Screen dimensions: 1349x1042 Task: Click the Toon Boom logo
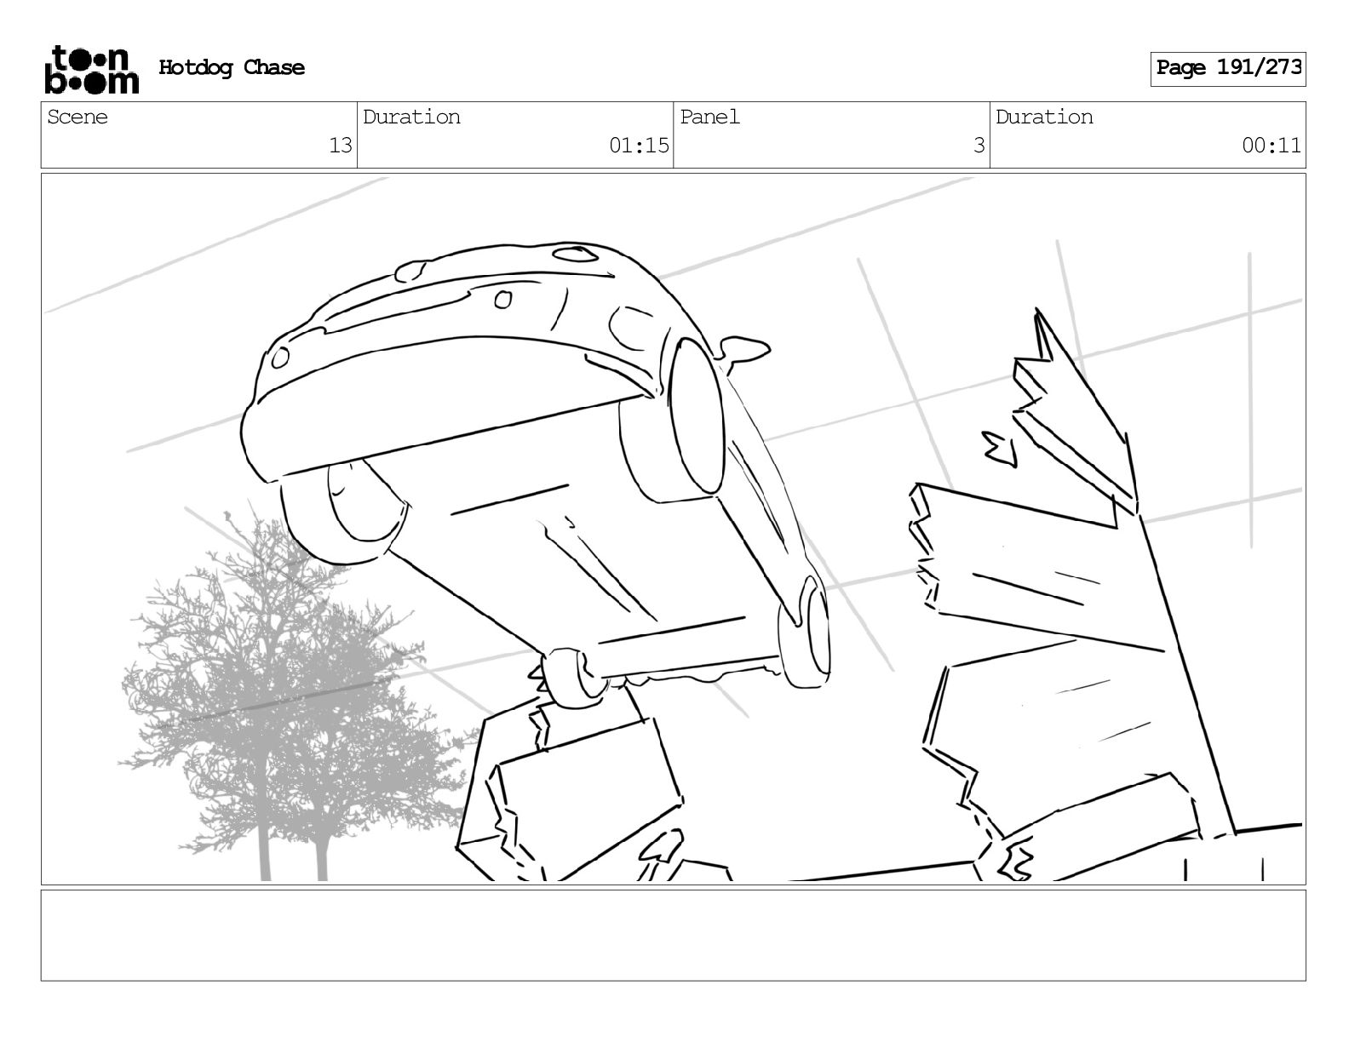(x=90, y=69)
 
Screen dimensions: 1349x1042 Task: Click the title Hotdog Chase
(x=232, y=68)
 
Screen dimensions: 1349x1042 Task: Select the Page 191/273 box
(x=1227, y=68)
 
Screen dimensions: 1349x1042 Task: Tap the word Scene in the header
(x=77, y=117)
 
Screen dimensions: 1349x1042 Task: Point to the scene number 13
(x=340, y=146)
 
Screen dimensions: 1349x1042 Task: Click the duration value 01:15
(x=639, y=146)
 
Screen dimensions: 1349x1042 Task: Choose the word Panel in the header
(x=709, y=117)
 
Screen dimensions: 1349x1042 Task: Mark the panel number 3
(x=979, y=146)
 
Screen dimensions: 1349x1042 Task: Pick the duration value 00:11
(x=1271, y=146)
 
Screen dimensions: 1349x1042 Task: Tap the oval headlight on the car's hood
(x=576, y=253)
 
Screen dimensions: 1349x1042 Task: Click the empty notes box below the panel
(x=673, y=935)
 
